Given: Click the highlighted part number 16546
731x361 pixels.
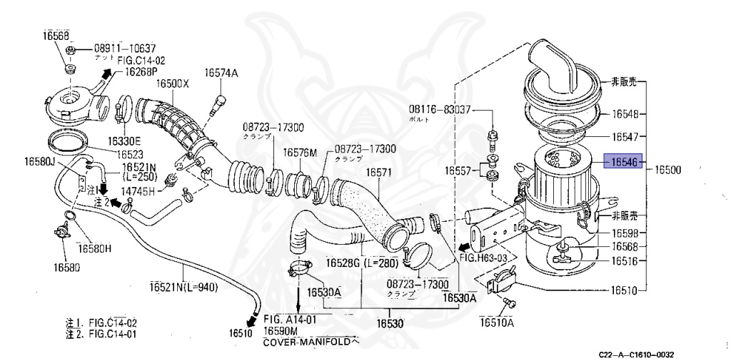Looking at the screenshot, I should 623,162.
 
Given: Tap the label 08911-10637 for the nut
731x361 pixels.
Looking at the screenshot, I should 124,49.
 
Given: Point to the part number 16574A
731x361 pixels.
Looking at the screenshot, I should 221,73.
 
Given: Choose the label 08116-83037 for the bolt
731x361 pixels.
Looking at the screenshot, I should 440,109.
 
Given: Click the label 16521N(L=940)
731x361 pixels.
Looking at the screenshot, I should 183,287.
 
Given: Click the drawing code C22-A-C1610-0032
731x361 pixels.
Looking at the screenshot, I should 637,355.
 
